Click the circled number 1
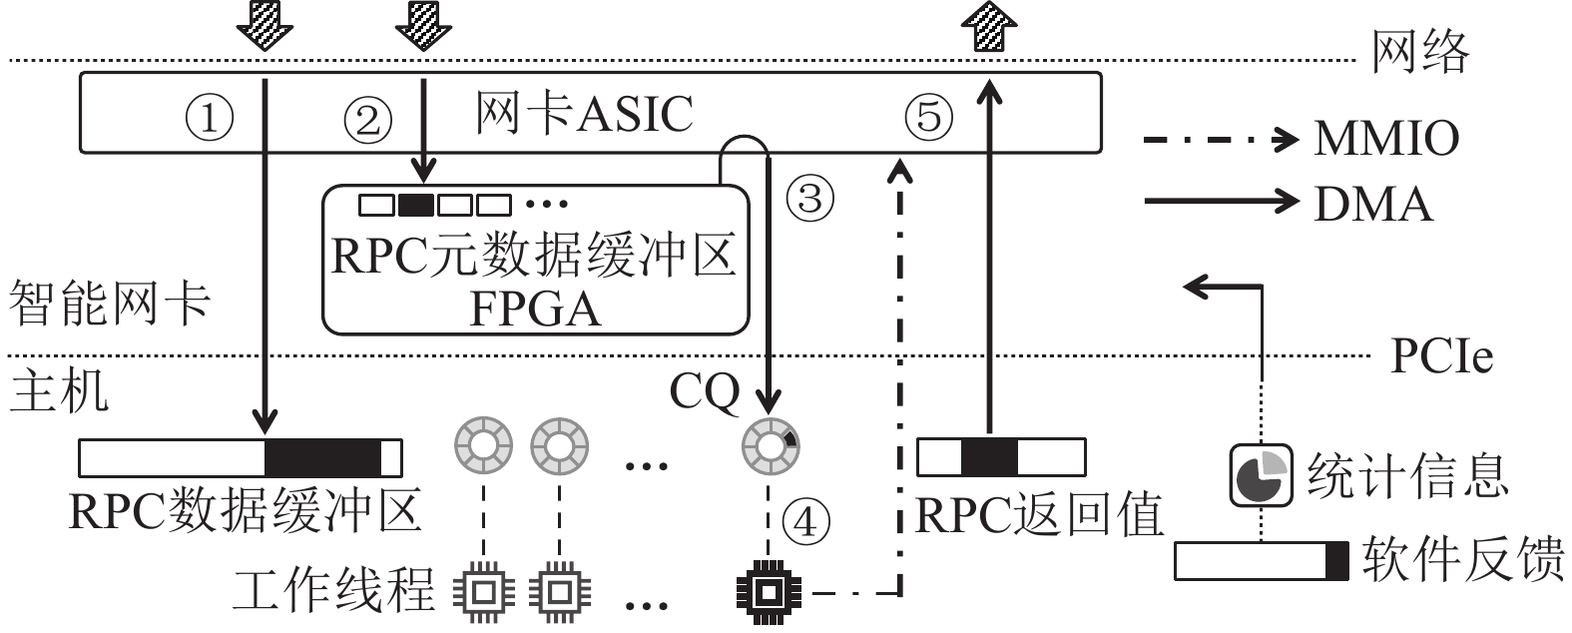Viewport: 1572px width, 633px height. point(210,119)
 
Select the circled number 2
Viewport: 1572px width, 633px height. point(368,120)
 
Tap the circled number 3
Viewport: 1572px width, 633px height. point(809,198)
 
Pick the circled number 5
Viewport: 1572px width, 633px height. point(928,117)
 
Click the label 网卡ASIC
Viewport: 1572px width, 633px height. point(583,113)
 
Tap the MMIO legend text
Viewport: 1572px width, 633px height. point(1386,139)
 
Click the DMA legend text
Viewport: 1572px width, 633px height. point(1372,204)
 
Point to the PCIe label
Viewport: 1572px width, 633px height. point(1441,355)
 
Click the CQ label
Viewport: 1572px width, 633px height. point(705,392)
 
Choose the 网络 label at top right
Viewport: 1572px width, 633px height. point(1420,51)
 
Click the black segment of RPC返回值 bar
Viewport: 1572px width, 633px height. point(989,457)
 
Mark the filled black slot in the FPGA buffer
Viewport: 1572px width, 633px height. point(415,205)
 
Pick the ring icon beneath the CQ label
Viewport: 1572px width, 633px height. point(770,444)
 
